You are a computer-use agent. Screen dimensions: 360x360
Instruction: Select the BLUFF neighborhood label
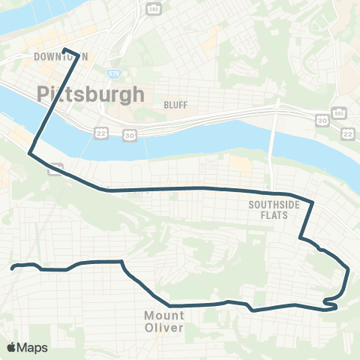pyautogui.click(x=175, y=106)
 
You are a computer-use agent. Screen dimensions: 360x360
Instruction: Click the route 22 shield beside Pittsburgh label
pyautogui.click(x=100, y=133)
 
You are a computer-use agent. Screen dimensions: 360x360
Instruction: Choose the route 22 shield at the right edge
pyautogui.click(x=347, y=133)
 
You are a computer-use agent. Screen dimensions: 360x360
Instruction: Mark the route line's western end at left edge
pyautogui.click(x=11, y=266)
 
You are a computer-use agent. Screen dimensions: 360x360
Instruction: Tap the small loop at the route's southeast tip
pyautogui.click(x=330, y=303)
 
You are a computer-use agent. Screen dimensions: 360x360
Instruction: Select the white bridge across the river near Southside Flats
pyautogui.click(x=273, y=150)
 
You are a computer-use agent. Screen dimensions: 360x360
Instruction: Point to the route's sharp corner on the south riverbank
pyautogui.click(x=30, y=154)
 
